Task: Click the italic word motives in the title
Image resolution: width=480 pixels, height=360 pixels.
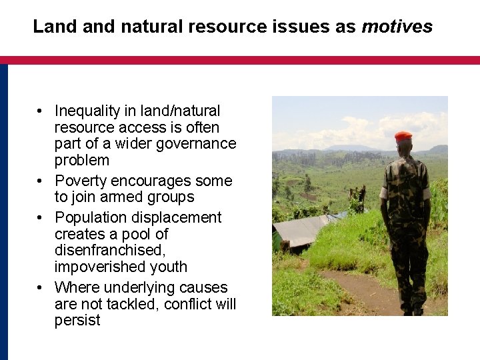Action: (x=397, y=27)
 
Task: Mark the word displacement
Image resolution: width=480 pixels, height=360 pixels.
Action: (x=181, y=217)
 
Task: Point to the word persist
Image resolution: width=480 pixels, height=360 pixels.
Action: (x=77, y=321)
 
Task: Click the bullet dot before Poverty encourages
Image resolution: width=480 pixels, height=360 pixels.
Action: (x=41, y=181)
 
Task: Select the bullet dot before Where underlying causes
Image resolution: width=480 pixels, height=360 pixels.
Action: (x=41, y=288)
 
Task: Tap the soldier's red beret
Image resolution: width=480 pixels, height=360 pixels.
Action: (x=403, y=136)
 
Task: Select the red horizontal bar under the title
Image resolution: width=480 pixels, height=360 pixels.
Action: (x=240, y=60)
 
